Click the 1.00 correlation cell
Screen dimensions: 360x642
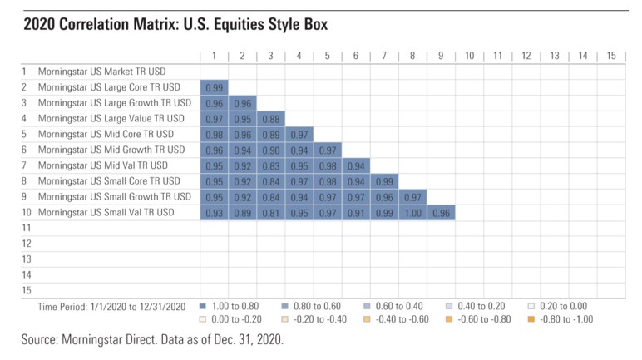coord(412,212)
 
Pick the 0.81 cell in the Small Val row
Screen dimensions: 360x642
coord(270,212)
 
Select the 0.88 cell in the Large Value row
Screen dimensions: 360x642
coord(270,118)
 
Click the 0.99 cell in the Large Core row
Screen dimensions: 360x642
coord(214,87)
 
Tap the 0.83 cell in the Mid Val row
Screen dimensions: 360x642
coord(270,165)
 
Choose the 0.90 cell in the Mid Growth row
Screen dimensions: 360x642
coord(270,150)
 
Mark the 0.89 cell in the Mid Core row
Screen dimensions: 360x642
coord(270,134)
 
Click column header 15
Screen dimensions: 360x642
coord(611,56)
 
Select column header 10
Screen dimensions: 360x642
coord(469,56)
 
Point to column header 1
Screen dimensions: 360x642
coord(214,56)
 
